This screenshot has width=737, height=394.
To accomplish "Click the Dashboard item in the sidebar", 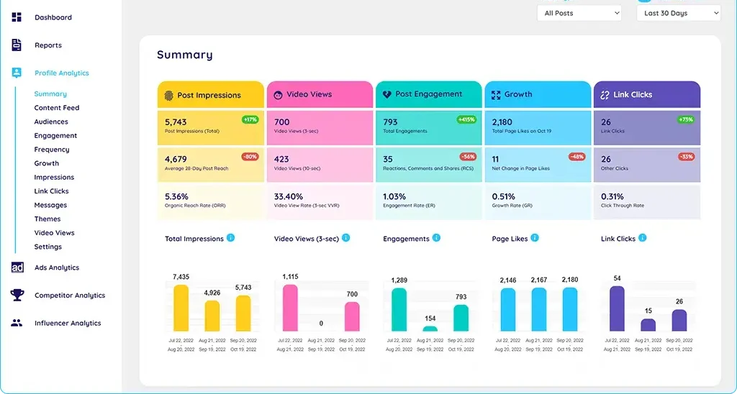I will (x=53, y=17).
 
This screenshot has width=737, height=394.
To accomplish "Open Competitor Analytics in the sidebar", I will (x=69, y=295).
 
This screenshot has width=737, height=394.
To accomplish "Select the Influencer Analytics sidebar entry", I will (x=68, y=324).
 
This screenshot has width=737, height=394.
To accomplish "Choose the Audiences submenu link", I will (x=51, y=122).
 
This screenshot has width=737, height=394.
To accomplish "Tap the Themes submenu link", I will (x=48, y=219).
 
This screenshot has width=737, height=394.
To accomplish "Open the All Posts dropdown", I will (x=579, y=13).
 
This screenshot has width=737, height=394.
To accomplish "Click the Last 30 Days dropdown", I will (x=678, y=13).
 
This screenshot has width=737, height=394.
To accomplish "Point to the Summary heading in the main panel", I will (x=185, y=55).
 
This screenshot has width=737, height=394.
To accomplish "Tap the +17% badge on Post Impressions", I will (x=250, y=119).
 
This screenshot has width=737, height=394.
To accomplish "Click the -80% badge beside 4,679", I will (x=250, y=156).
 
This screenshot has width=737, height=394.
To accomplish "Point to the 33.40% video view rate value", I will (x=289, y=196).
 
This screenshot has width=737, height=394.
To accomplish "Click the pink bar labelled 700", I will (x=352, y=316).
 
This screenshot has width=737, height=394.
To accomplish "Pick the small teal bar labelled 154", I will (x=430, y=329).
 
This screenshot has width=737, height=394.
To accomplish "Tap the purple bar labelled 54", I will (x=617, y=308).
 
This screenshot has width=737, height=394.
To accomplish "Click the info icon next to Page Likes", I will (x=535, y=238).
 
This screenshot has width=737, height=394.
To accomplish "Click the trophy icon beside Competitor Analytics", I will (x=17, y=295).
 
